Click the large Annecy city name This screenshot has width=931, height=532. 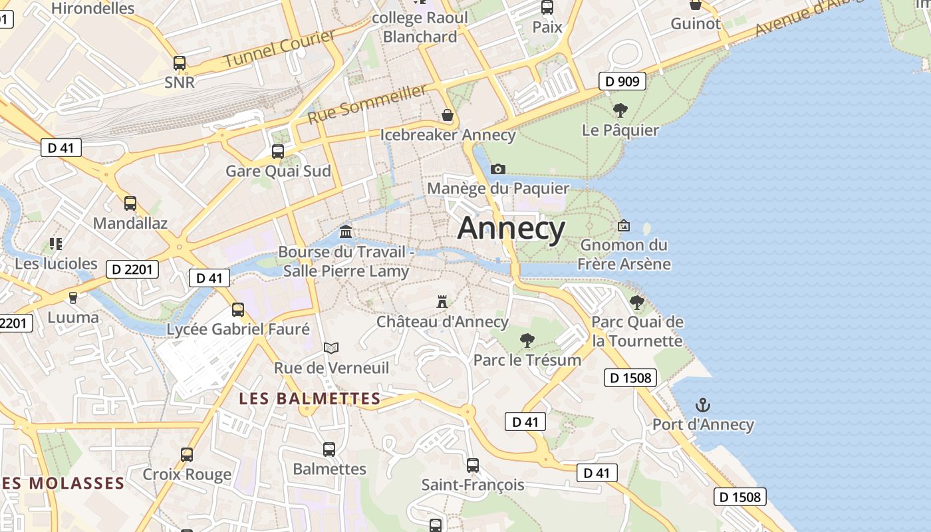coord(511,229)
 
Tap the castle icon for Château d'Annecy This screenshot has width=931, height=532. coord(442,301)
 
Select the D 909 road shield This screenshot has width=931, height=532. coord(622,81)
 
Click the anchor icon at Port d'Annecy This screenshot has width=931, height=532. coord(702,404)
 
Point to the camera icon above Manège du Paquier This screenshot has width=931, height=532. coord(497,169)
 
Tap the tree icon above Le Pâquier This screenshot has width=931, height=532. coord(620,110)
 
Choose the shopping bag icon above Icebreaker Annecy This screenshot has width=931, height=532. coord(448,115)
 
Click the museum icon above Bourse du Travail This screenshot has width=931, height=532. coord(346,231)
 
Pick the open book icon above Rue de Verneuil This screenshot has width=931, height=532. coord(331,348)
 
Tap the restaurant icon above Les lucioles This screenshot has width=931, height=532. coord(56,243)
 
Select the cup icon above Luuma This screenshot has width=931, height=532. coord(73,297)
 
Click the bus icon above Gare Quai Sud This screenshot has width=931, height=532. coord(278,151)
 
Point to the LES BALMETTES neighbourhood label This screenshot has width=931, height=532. coord(309,399)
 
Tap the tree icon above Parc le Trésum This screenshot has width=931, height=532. coord(527,340)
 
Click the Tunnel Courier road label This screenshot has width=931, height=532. coord(279,49)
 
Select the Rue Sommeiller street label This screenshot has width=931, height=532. coord(367,104)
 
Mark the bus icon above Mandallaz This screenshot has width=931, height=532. coord(130,203)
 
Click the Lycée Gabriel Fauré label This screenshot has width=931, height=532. coord(238,329)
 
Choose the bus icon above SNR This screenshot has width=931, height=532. coord(180,63)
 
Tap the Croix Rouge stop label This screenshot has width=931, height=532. coord(188,474)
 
